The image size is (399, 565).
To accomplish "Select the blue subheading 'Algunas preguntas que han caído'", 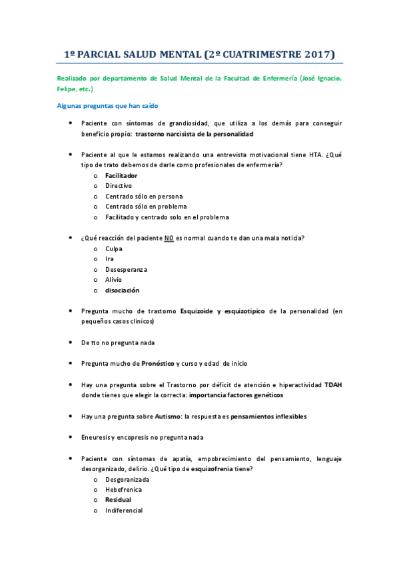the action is [x=107, y=106].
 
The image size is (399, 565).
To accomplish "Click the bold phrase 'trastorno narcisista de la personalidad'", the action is [x=199, y=134].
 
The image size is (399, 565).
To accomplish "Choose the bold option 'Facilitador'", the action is [x=121, y=175].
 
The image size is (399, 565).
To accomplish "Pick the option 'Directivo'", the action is [x=119, y=186].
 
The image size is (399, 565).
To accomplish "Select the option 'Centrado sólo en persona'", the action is [x=144, y=197].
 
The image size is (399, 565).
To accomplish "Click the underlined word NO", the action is [x=169, y=238].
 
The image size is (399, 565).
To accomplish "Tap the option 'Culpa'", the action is [x=114, y=249].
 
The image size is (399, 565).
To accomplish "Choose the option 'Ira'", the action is [x=109, y=259].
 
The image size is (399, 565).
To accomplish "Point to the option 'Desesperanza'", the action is [x=126, y=269].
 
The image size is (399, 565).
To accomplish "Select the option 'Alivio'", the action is [x=115, y=280].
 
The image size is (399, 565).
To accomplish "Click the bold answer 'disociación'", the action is [x=123, y=290].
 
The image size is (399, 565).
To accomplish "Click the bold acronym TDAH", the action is [x=333, y=385].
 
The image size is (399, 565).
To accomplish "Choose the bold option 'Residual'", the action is [x=118, y=500].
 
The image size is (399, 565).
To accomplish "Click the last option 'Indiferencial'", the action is [x=124, y=510].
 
